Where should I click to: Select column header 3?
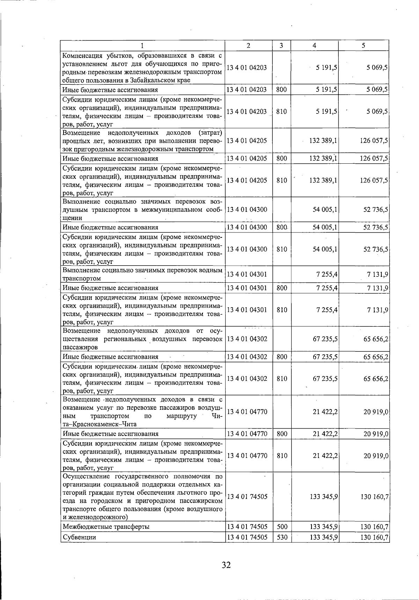pyautogui.click(x=281, y=45)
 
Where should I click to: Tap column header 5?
pyautogui.click(x=363, y=45)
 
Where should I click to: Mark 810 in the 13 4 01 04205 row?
pyautogui.click(x=281, y=180)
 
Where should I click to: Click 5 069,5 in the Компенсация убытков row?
pyautogui.click(x=377, y=68)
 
